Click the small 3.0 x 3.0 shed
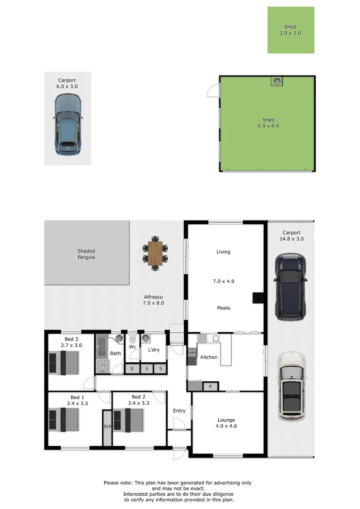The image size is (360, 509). tap(291, 30)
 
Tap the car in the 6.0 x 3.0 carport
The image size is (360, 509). tap(67, 124)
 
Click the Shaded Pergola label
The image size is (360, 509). tap(86, 254)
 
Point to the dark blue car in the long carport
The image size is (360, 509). tap(290, 287)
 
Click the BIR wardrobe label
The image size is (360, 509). tap(107, 427)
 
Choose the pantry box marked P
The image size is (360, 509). tap(210, 386)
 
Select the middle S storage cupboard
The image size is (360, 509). tap(147, 369)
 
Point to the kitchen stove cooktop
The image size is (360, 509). tap(192, 352)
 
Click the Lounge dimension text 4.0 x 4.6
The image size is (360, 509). tap(226, 427)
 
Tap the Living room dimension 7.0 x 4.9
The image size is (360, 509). tap(223, 281)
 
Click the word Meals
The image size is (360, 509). tap(223, 308)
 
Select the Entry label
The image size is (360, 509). tap(179, 410)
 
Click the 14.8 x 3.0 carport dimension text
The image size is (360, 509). tap(291, 239)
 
